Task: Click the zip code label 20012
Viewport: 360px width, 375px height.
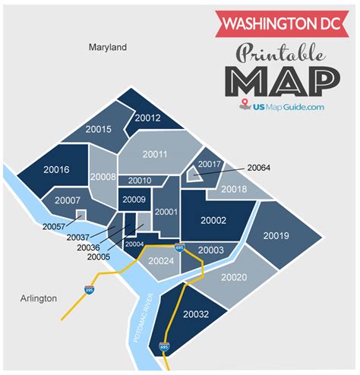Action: point(147,118)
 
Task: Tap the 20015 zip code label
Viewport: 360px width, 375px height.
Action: point(99,129)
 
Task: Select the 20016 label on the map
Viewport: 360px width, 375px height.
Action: point(56,169)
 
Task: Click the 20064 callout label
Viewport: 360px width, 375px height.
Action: point(258,167)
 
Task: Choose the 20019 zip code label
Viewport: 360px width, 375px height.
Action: point(276,236)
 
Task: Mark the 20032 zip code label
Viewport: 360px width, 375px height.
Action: point(196,314)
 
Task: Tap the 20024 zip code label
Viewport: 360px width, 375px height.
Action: point(162,262)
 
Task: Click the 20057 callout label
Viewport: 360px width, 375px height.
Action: point(54,226)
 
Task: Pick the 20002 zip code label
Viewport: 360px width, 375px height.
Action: point(213,220)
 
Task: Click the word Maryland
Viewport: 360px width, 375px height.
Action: point(107,48)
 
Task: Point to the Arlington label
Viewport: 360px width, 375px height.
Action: point(38,298)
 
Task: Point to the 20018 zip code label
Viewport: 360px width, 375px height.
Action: point(233,188)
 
